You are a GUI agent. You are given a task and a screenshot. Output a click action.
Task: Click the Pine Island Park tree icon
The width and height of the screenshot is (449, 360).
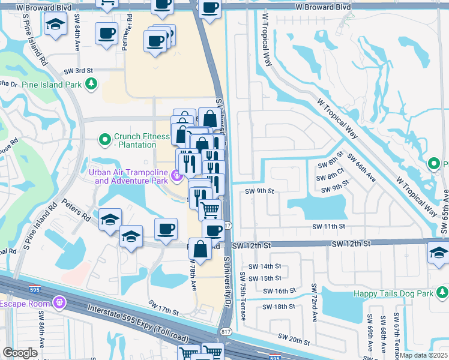[x=91, y=85]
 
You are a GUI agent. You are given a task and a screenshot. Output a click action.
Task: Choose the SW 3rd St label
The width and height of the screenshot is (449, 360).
[x=81, y=70]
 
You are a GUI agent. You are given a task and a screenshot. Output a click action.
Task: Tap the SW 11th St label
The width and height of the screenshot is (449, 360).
[x=329, y=227]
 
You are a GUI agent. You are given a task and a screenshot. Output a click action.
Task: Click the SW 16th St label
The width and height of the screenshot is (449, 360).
[x=280, y=290]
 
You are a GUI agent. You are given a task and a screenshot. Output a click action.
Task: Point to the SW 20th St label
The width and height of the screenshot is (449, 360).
[x=293, y=340]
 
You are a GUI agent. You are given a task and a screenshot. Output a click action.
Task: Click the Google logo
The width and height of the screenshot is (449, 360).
[x=20, y=353]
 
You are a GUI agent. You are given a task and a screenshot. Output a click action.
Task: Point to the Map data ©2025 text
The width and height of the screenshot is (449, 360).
[x=424, y=355]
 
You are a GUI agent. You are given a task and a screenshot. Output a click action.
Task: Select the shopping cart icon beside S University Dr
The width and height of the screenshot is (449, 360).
[x=210, y=211]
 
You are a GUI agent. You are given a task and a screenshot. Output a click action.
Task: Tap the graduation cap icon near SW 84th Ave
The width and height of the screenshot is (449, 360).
[x=56, y=25]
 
